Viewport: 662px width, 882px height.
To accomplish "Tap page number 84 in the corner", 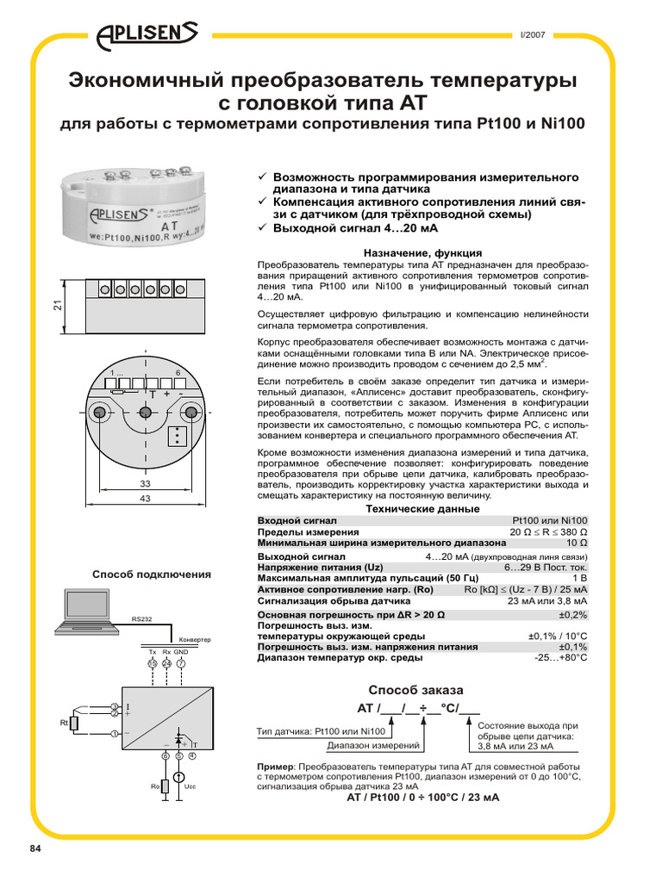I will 35,850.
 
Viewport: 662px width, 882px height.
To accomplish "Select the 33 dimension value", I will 145,485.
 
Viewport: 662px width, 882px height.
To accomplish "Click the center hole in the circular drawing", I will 146,413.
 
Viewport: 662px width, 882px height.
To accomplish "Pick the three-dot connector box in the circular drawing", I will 178,437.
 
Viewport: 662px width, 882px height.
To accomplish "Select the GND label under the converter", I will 181,653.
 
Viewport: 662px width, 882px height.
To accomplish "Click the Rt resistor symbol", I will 75,723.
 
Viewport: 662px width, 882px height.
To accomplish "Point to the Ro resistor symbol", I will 165,786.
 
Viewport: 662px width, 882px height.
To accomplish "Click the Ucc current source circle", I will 178,779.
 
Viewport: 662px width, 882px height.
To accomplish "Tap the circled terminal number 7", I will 181,664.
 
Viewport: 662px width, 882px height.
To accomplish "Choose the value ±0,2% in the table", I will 572,615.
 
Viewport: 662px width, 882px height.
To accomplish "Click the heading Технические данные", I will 422,509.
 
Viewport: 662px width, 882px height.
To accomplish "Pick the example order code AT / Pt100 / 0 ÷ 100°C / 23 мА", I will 422,798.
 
